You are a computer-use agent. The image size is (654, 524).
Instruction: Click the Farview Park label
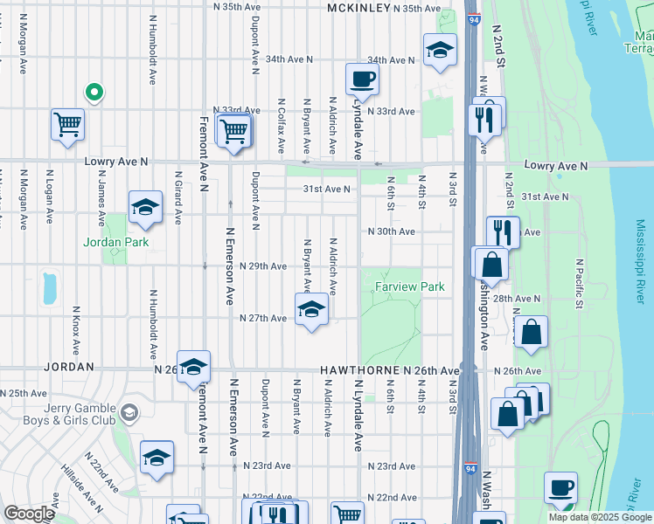(410, 286)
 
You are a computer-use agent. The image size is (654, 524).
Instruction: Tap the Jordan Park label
(116, 242)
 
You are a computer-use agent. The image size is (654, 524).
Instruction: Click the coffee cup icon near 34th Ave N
(362, 80)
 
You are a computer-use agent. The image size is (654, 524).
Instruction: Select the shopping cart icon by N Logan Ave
(67, 125)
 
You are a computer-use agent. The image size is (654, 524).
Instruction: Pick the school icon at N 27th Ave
(311, 310)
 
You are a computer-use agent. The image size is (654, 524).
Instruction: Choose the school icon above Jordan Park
(145, 207)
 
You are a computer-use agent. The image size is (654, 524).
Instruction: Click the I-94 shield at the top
(472, 17)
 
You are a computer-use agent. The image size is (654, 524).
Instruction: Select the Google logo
(29, 514)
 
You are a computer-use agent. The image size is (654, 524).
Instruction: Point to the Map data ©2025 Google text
(600, 517)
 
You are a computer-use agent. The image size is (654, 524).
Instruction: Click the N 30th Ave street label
(390, 231)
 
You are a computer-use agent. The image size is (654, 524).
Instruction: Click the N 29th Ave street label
(263, 266)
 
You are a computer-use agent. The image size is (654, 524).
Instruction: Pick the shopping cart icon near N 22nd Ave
(347, 514)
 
